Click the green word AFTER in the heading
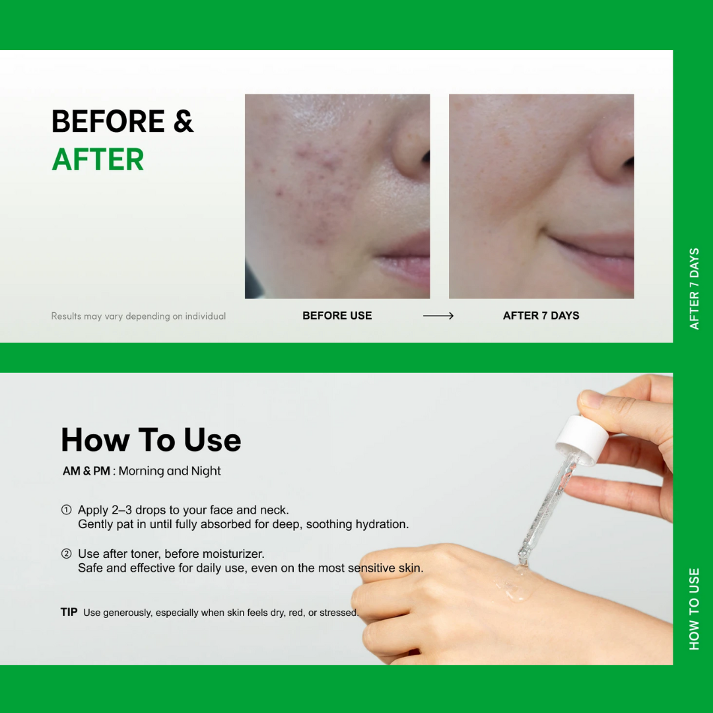click(98, 160)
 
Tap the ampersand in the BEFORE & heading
click(184, 122)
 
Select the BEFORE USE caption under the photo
click(337, 316)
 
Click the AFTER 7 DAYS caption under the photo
click(541, 316)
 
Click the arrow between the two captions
click(438, 316)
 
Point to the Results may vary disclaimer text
click(139, 316)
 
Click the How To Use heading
click(151, 440)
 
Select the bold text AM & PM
click(86, 471)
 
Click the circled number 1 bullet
click(66, 510)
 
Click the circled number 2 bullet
click(66, 554)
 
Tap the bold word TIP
click(69, 612)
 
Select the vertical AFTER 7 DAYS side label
click(694, 289)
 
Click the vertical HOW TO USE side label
click(694, 609)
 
